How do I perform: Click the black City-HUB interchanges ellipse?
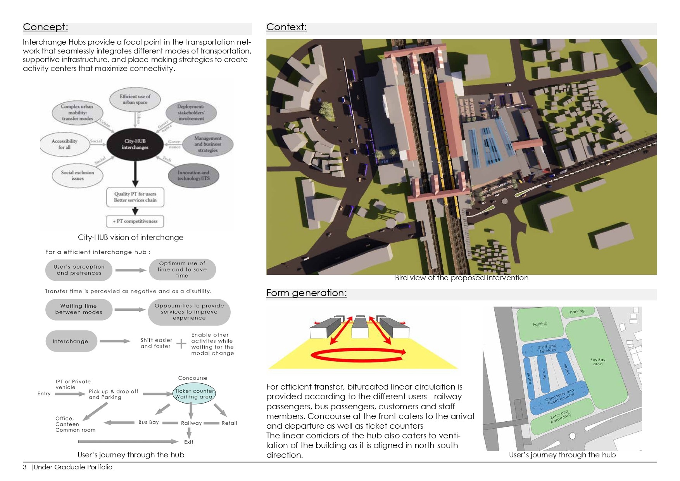135,144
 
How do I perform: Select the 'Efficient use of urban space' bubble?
135,100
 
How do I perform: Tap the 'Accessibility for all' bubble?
65,144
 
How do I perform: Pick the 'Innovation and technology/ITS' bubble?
193,176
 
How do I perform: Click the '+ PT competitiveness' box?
135,221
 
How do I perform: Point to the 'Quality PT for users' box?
135,197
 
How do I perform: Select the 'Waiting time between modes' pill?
79,309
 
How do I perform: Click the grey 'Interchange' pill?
71,341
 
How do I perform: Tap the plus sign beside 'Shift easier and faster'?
181,343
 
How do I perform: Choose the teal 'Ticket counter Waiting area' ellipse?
194,394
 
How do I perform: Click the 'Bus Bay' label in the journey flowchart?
148,422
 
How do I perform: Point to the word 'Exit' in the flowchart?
188,442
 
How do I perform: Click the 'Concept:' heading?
45,27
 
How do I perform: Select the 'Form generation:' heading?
306,293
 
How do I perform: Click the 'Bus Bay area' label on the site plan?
597,362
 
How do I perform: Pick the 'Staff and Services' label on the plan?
547,348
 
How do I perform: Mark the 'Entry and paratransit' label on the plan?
560,417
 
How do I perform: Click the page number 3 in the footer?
25,467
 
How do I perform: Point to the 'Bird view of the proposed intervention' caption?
461,278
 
